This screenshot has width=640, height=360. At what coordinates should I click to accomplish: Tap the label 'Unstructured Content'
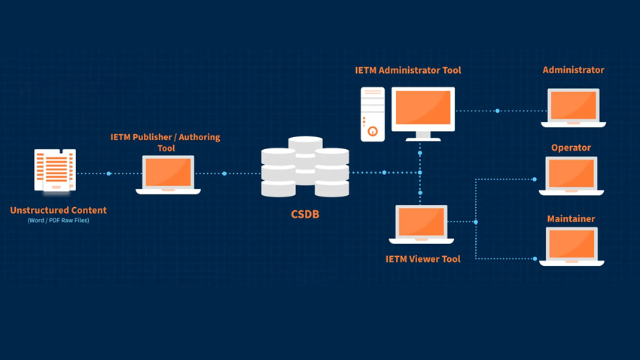coord(58,210)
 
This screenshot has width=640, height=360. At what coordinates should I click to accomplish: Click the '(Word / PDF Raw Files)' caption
coord(58,221)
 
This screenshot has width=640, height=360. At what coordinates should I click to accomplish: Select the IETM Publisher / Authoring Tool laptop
coord(168,174)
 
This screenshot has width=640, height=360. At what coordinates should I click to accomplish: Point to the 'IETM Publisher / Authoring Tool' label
coord(165,142)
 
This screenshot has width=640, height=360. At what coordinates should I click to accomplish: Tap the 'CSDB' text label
coord(305,215)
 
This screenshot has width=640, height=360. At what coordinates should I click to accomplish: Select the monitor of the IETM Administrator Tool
coord(422,110)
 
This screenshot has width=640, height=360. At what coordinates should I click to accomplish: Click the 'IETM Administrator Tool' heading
coord(408,70)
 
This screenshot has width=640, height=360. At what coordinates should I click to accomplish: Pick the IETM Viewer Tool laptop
coord(422,224)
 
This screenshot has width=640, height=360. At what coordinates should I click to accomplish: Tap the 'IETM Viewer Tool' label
coord(423,259)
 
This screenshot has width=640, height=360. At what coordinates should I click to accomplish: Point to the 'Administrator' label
coord(573,70)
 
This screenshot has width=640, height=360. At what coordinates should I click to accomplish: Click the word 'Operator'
coord(571,148)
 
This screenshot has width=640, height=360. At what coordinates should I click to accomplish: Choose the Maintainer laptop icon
coord(571,246)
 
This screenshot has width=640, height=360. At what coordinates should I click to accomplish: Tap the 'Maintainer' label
coord(571,219)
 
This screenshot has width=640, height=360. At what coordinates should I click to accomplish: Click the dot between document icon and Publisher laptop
coord(109,174)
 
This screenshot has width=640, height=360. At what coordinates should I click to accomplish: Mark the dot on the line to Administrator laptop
coord(498,111)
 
